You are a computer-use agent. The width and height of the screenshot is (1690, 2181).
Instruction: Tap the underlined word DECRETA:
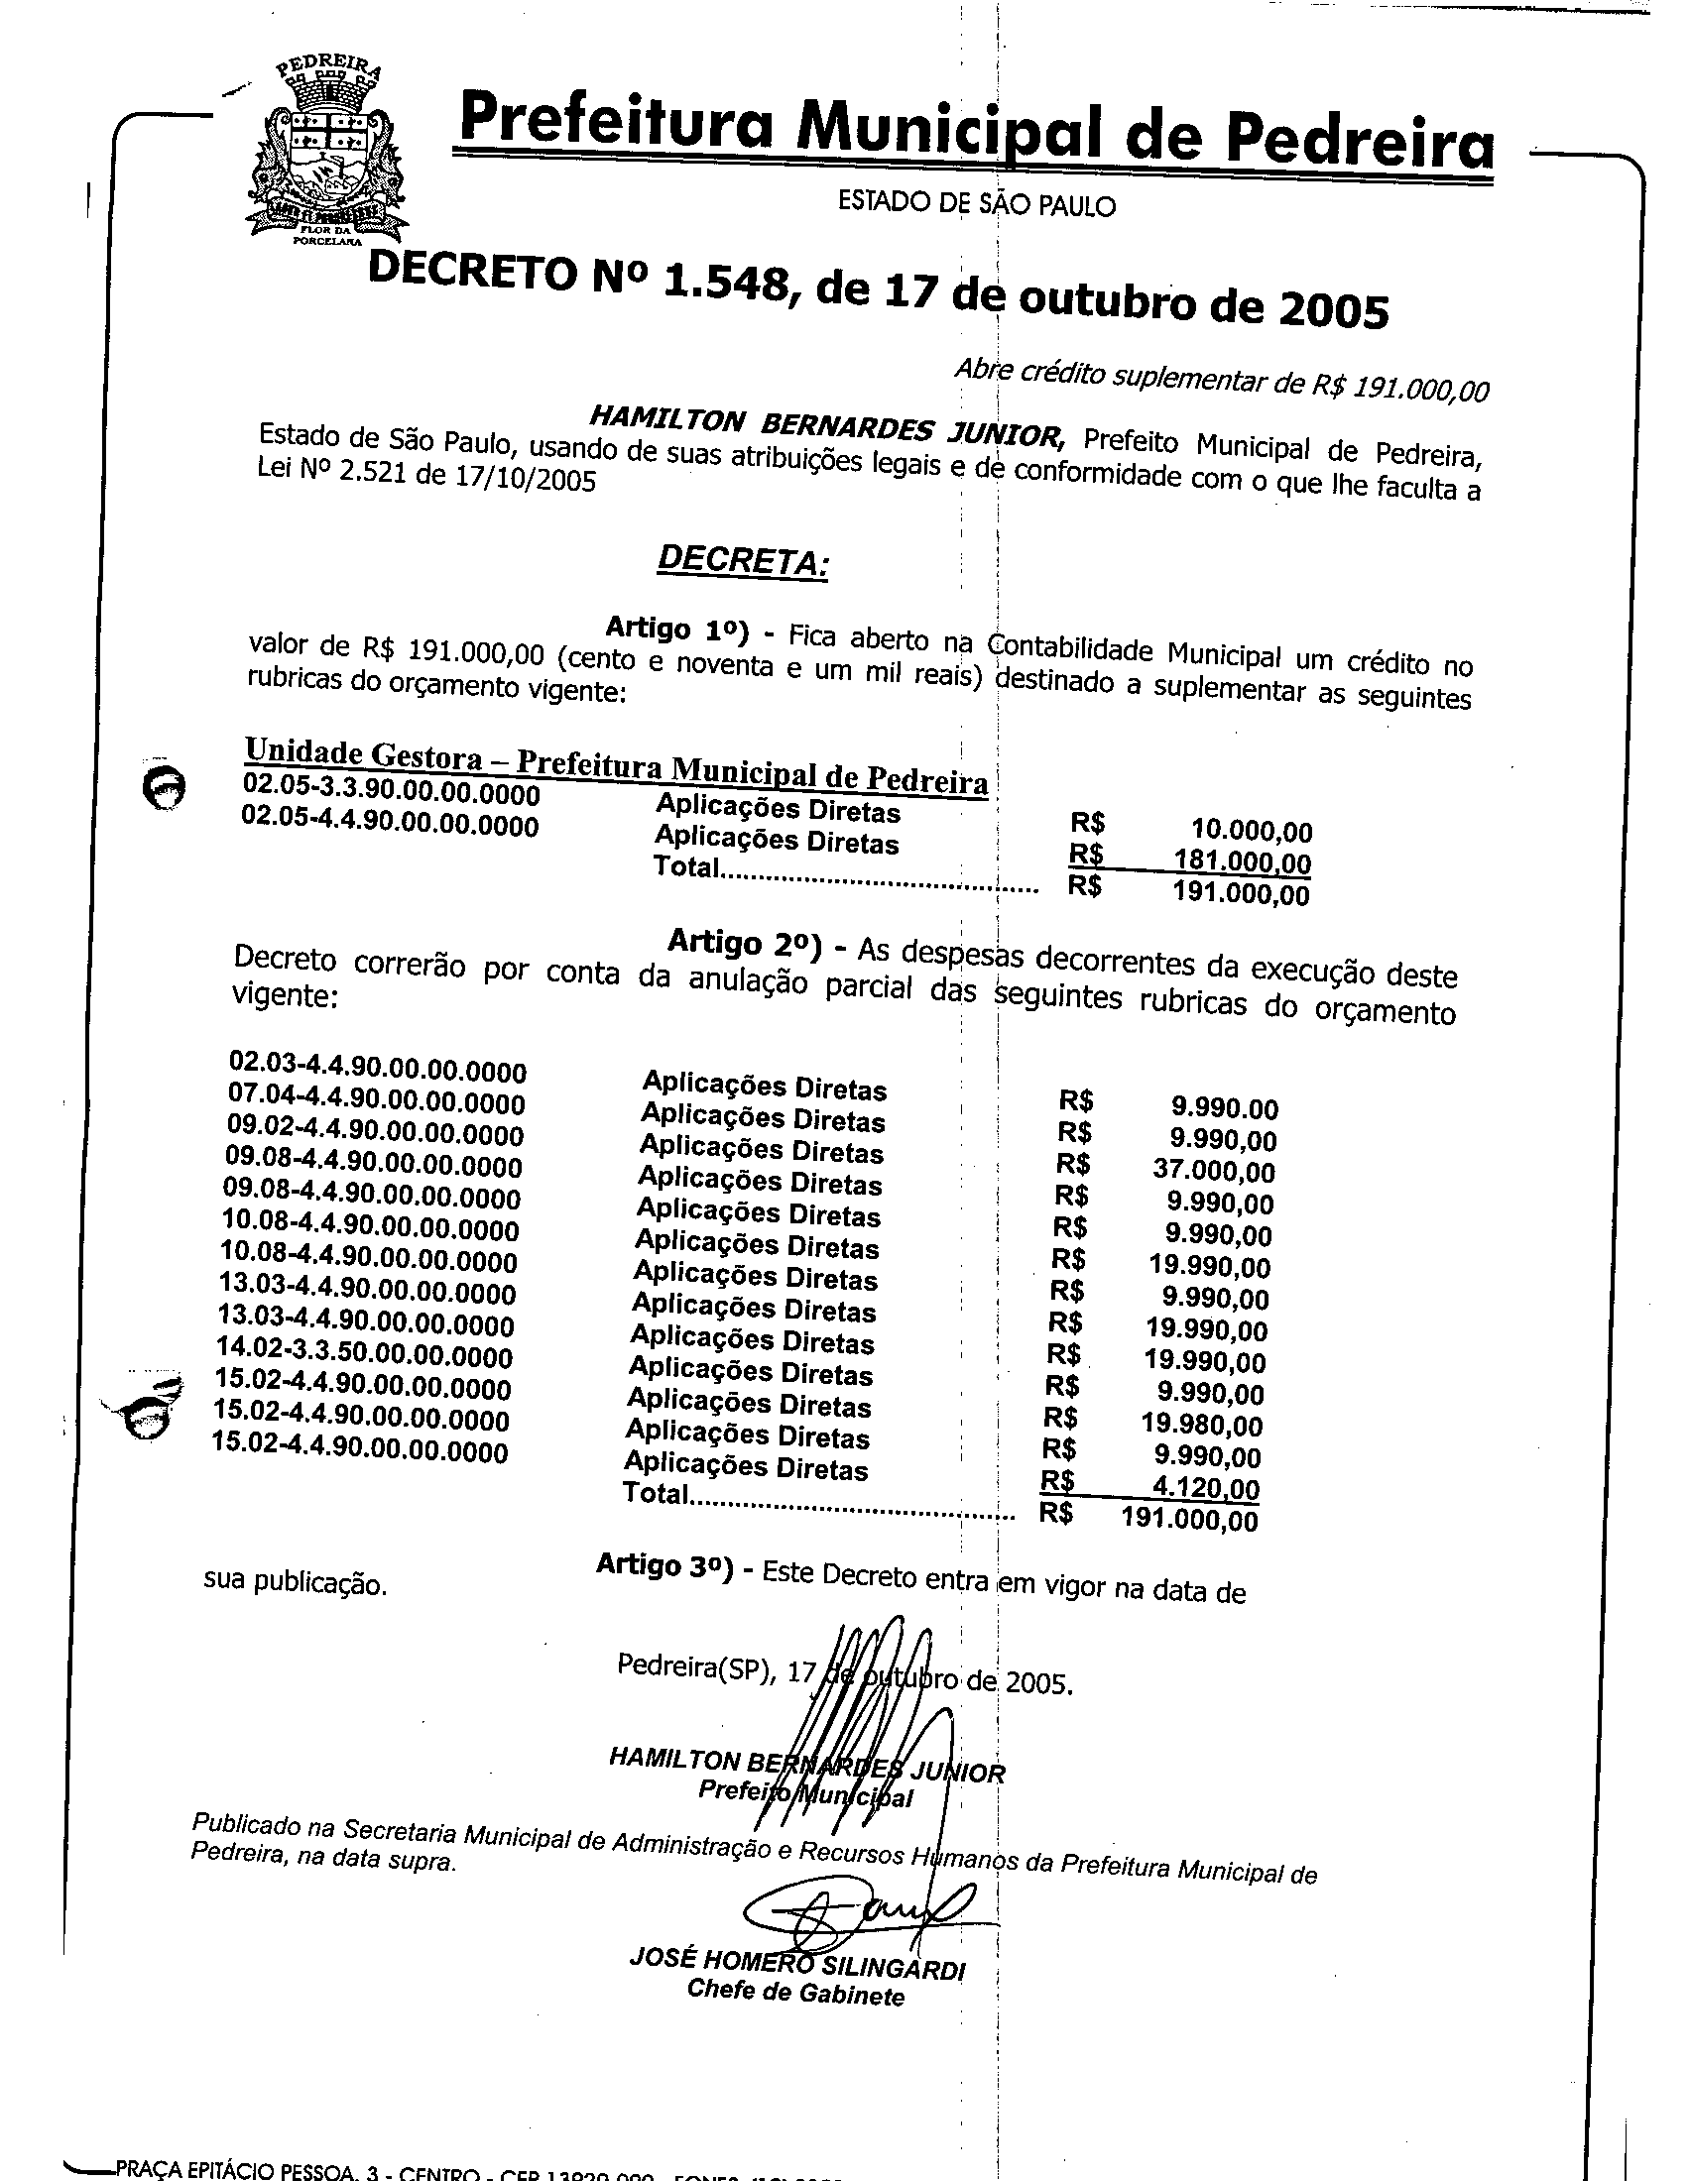tap(741, 560)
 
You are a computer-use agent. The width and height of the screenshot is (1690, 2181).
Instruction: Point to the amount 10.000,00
tap(1252, 830)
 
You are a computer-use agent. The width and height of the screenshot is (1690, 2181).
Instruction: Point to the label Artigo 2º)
tap(744, 942)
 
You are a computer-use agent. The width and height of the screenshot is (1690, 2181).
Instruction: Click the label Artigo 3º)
tap(664, 1564)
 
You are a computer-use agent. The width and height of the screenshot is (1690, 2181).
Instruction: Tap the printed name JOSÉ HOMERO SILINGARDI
tap(797, 1963)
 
